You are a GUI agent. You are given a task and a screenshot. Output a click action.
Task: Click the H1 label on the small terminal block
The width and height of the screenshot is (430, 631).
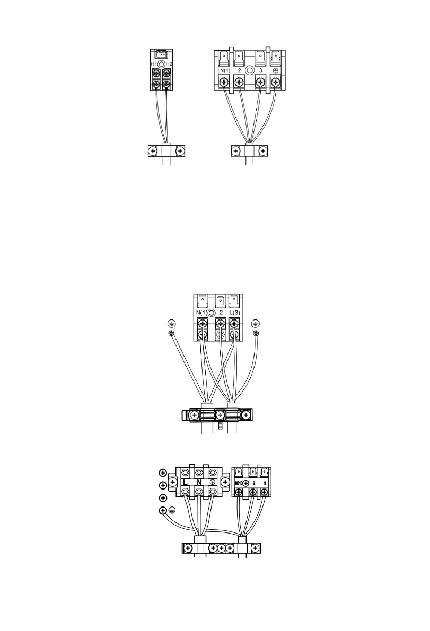153,64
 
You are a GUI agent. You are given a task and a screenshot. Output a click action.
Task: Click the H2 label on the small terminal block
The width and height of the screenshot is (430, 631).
169,64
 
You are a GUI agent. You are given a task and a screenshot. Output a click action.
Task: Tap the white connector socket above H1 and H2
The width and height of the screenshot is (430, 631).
161,54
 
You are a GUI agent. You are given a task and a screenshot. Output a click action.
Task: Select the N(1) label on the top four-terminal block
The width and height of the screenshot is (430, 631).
224,69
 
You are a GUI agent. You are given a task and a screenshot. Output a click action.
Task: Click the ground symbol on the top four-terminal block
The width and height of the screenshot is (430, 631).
276,69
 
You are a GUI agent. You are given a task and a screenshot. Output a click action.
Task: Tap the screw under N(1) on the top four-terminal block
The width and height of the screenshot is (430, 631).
224,83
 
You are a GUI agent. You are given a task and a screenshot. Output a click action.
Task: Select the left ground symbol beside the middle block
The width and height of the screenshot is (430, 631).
171,323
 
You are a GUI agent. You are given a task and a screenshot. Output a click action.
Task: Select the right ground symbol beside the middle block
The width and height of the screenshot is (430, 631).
256,323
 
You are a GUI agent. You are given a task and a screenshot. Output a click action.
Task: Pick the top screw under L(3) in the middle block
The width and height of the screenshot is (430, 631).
235,322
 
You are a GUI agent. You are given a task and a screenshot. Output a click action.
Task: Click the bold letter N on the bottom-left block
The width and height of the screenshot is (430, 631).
199,483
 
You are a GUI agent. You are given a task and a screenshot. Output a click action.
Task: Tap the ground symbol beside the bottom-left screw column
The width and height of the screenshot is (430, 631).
172,511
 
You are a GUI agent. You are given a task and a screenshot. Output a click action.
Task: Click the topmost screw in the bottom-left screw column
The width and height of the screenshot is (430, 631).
163,472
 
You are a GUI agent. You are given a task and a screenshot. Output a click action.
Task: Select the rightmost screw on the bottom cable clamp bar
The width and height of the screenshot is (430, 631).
256,548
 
